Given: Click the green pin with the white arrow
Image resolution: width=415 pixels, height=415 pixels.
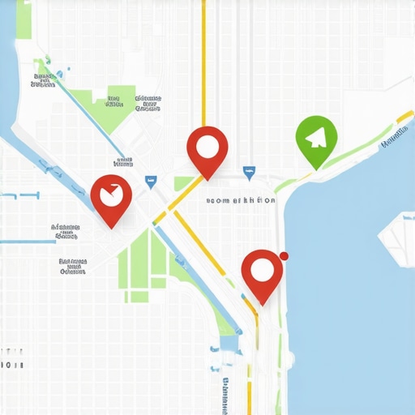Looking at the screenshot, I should tap(315, 139).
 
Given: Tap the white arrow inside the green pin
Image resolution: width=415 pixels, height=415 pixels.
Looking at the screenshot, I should tap(317, 135).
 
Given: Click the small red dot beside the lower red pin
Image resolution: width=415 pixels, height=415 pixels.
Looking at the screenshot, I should tap(284, 256).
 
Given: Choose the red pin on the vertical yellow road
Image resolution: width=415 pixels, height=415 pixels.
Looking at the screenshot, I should tap(207, 149).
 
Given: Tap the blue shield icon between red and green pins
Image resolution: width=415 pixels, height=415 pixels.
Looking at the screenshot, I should tap(249, 172).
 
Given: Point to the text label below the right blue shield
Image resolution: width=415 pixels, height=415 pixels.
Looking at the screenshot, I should tap(240, 200).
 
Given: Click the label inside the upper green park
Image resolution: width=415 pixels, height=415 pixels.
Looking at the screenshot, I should tap(113, 101).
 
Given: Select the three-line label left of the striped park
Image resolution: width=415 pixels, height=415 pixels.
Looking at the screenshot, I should tap(73, 266).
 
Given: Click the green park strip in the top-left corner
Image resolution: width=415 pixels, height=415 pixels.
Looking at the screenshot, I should tap(24, 19).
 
